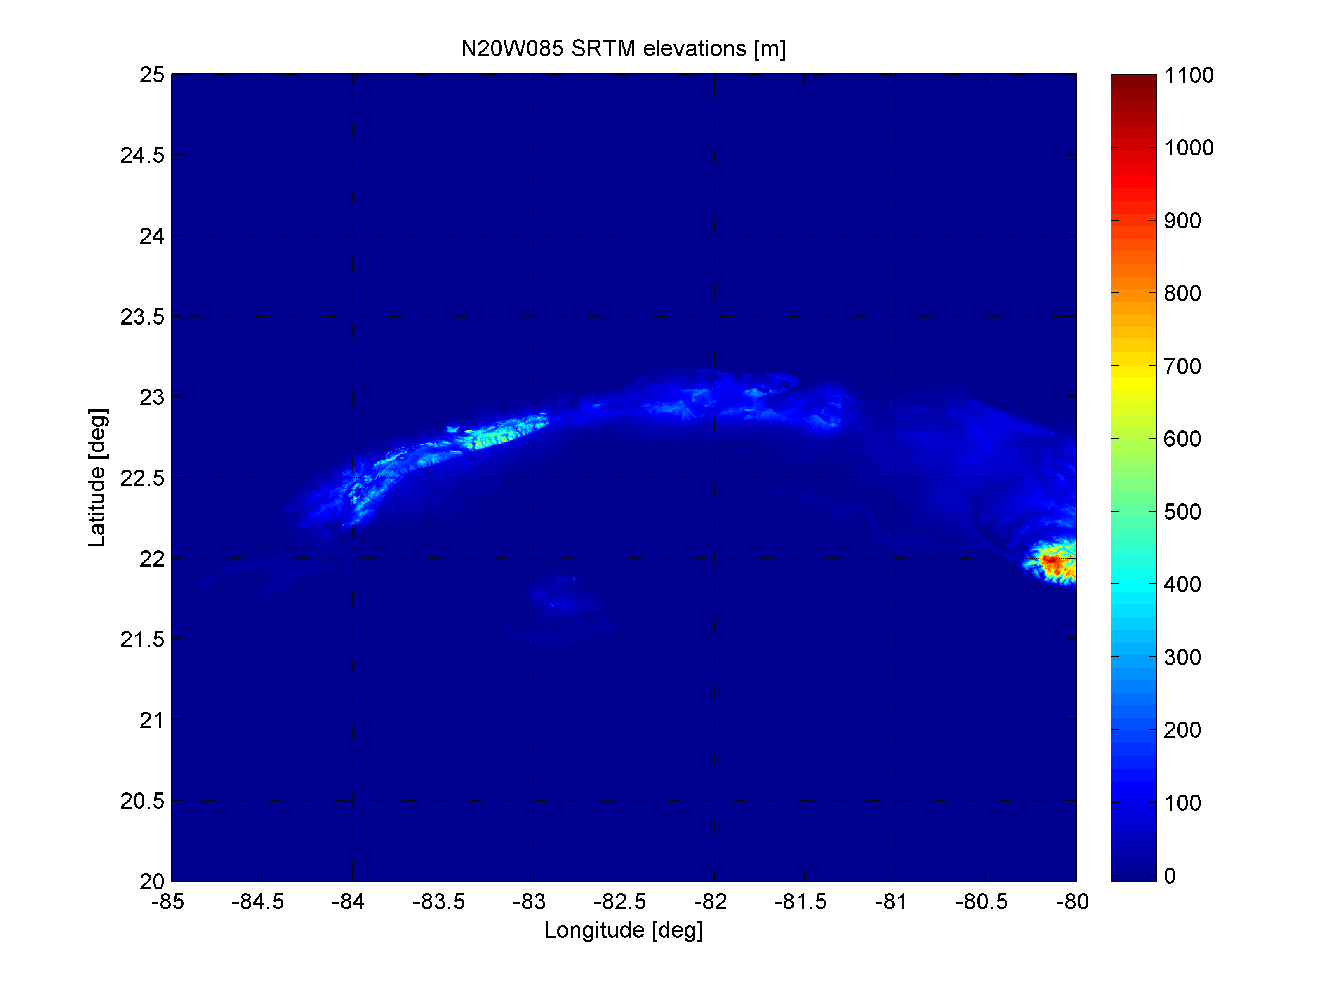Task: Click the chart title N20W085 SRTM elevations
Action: point(623,48)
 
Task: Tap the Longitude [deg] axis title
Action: point(623,930)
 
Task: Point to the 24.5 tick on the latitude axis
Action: point(142,155)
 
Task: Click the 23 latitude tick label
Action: point(152,397)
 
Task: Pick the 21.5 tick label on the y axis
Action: point(142,640)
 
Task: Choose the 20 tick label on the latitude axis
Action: point(152,881)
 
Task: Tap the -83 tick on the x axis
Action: point(529,902)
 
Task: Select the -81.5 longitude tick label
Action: point(800,902)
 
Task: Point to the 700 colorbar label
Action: point(1182,366)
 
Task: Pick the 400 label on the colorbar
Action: point(1182,584)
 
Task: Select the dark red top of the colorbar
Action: point(1133,84)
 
